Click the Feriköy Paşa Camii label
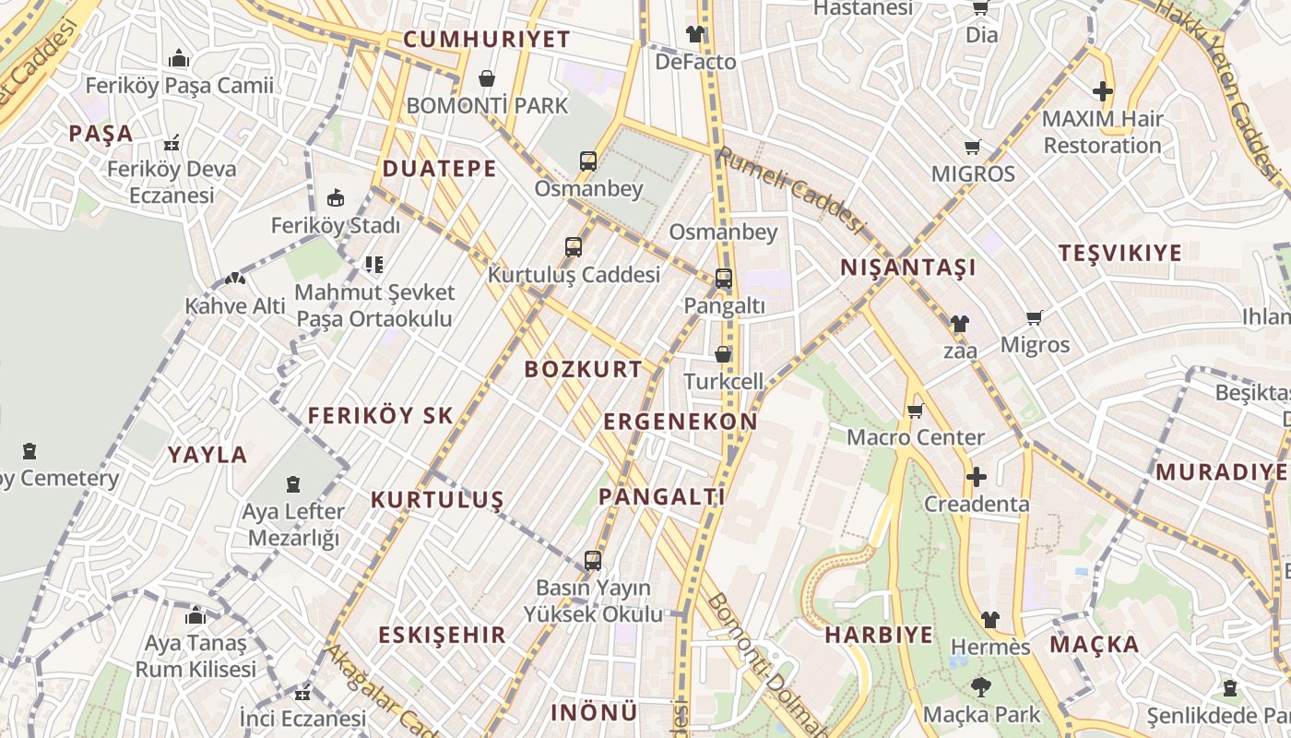179,86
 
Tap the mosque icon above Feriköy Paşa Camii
179,60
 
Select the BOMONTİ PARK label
487,106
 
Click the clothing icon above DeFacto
694,34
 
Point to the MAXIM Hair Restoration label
1102,132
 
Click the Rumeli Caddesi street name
792,190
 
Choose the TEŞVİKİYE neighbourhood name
1119,253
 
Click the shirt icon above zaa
960,324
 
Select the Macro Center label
916,437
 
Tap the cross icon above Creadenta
976,477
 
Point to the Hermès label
989,647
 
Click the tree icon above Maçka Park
980,686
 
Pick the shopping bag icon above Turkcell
723,354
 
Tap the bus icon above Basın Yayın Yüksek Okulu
593,560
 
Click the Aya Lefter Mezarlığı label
292,524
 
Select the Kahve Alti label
235,305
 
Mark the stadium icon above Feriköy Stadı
336,198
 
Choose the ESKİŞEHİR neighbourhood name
442,635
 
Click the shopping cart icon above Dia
980,8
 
